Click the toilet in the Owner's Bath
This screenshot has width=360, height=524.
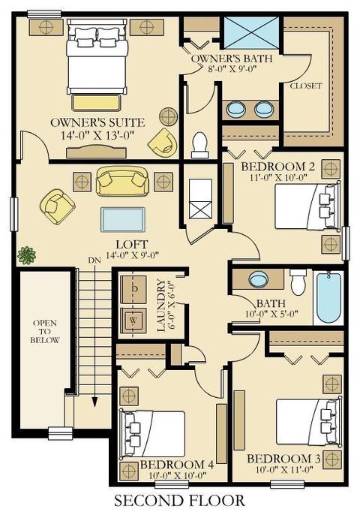tap(199, 145)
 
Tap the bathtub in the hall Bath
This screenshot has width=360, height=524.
tap(328, 298)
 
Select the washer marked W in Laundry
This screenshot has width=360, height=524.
tap(133, 320)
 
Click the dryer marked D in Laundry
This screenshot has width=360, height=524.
tap(133, 290)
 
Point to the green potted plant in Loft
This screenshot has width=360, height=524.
tap(26, 256)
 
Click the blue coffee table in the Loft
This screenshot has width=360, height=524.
tap(123, 219)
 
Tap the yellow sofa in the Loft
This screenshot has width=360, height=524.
tap(122, 181)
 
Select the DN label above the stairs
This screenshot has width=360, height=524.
tap(94, 260)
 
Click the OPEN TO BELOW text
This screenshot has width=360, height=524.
tap(45, 332)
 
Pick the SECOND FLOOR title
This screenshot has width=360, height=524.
tap(180, 501)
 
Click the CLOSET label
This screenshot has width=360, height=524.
tap(306, 86)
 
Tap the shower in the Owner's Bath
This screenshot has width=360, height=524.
tap(251, 32)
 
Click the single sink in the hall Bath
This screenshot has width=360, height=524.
tap(259, 279)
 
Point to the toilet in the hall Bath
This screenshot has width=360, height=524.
tap(298, 282)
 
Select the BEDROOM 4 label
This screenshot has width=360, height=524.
tap(177, 465)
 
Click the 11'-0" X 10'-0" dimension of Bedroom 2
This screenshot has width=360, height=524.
tap(277, 176)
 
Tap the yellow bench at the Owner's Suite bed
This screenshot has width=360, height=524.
tap(96, 103)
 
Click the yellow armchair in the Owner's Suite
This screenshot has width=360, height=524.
tap(163, 142)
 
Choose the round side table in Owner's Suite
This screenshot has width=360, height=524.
tap(168, 116)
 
